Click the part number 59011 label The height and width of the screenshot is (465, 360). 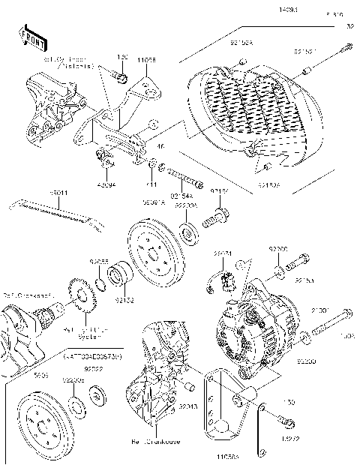[59, 193]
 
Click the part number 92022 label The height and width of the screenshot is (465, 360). [93, 370]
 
